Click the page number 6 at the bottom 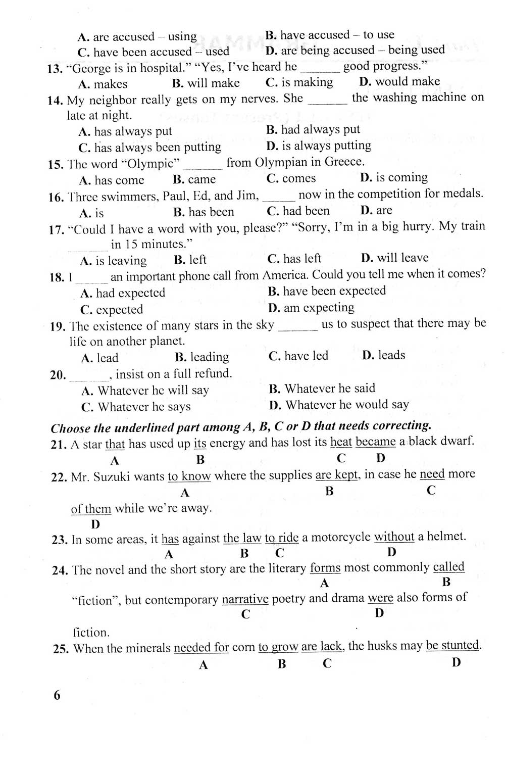tap(57, 695)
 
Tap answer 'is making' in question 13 tap(299, 82)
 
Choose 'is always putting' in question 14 tap(319, 146)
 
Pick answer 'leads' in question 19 tap(384, 355)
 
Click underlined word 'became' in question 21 tap(375, 442)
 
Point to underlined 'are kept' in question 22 tap(337, 475)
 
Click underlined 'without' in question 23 tap(394, 537)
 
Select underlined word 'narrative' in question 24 tap(245, 600)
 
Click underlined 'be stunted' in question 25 tap(452, 646)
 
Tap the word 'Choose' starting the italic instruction tap(69, 428)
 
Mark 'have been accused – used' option tap(154, 52)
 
